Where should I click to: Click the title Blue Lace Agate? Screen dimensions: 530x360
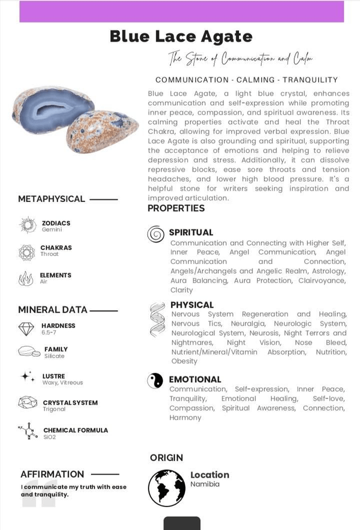click(181, 37)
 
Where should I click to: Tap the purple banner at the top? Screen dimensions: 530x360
click(181, 12)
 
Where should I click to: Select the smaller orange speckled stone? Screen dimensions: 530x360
click(102, 131)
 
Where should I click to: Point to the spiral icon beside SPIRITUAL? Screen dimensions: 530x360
click(155, 233)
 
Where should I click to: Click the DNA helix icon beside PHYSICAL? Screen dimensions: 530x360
click(157, 320)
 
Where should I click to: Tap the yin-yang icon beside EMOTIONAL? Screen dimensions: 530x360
click(155, 381)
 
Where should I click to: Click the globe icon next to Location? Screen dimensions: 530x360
click(166, 488)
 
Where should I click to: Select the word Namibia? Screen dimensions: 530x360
click(205, 484)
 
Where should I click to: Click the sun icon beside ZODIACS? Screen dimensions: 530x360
click(27, 225)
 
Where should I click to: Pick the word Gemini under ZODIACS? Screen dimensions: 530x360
click(52, 230)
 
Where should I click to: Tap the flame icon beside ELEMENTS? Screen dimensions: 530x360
click(26, 279)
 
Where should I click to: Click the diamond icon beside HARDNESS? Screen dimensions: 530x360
click(26, 329)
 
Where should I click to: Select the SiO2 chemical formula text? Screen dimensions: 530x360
click(49, 437)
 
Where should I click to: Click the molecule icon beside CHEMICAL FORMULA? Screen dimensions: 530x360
click(28, 432)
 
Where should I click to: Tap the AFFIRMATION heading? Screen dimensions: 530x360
click(52, 474)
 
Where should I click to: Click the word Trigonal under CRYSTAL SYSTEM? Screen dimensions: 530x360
click(54, 409)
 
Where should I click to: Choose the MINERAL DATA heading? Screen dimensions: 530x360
click(53, 309)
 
